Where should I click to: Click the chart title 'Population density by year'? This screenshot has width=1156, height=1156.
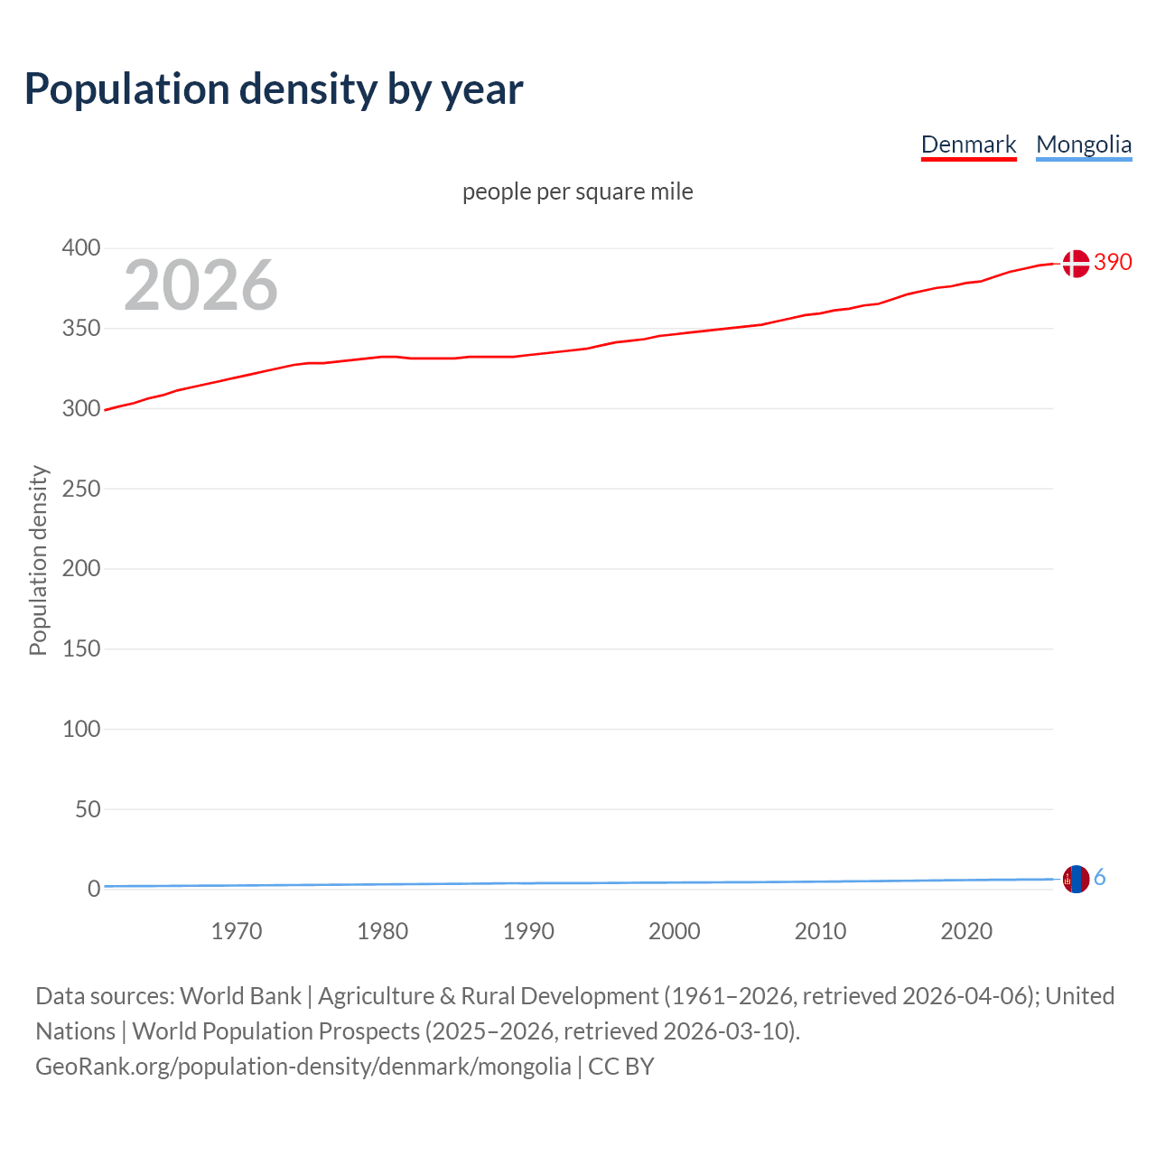click(x=274, y=89)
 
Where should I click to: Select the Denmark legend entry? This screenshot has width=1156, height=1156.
click(x=968, y=144)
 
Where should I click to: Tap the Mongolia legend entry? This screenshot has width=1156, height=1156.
click(x=1083, y=144)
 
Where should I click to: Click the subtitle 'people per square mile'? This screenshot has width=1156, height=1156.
click(x=578, y=191)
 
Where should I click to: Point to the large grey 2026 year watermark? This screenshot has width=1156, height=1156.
click(x=200, y=285)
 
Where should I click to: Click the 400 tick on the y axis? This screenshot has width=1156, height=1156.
click(x=81, y=247)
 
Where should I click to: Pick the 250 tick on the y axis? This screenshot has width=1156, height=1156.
click(x=81, y=489)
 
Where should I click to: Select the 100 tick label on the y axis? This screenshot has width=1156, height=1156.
click(x=81, y=729)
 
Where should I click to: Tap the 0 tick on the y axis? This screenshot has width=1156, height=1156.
click(x=94, y=889)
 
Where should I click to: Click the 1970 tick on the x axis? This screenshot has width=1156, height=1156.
click(x=237, y=931)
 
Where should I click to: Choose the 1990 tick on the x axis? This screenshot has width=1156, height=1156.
click(x=528, y=931)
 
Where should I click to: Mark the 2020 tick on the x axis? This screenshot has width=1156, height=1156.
click(x=966, y=931)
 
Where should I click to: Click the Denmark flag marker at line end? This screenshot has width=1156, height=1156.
click(x=1076, y=264)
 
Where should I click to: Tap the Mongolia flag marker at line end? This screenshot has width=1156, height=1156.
click(x=1076, y=879)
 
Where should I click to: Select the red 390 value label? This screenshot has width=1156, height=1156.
click(x=1113, y=262)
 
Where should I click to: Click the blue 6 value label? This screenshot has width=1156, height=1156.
click(x=1100, y=877)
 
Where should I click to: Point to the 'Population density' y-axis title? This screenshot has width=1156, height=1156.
click(x=38, y=560)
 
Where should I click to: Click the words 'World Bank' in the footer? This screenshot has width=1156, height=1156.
click(x=240, y=995)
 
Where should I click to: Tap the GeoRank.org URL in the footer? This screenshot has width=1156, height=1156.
click(x=303, y=1066)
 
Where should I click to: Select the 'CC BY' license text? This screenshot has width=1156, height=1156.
click(x=621, y=1066)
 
